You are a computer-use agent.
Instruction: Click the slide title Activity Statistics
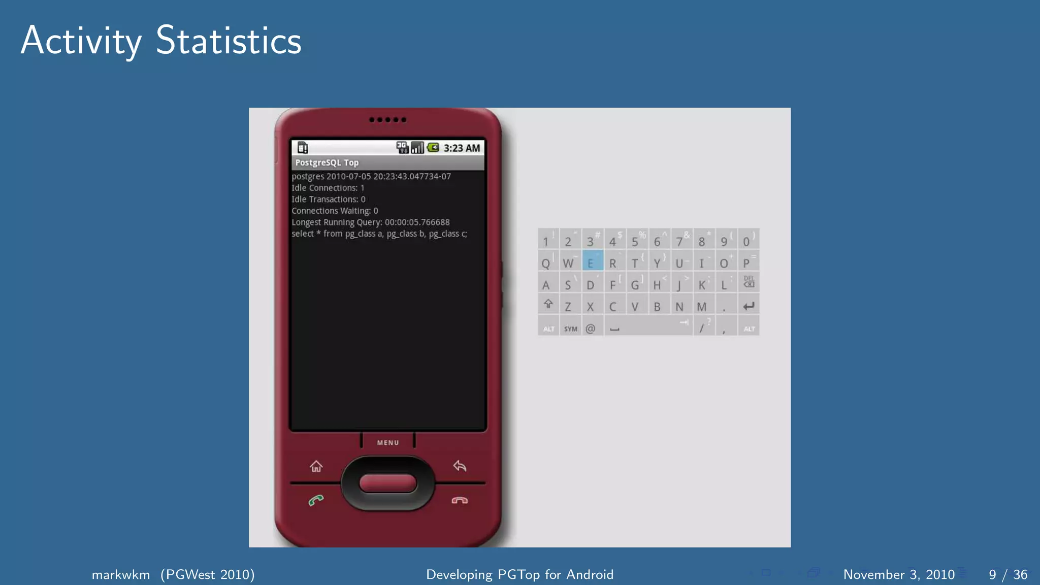[161, 41]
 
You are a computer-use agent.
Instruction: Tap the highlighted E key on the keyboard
[592, 262]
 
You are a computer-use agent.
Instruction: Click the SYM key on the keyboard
[570, 328]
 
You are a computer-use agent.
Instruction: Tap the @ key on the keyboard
[591, 328]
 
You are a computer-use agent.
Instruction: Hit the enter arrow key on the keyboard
[748, 306]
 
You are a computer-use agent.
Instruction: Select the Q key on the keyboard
[546, 263]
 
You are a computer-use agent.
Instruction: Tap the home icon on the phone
[316, 466]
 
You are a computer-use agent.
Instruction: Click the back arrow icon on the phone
[460, 466]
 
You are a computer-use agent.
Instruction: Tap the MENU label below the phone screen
[388, 443]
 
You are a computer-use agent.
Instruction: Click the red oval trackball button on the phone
[388, 483]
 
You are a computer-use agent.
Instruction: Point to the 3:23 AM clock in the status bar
[462, 148]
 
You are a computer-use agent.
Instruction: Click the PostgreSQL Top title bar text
[327, 162]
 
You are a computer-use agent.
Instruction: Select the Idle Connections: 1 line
[328, 188]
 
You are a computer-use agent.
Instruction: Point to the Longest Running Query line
[370, 222]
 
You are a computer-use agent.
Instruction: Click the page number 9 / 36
[1007, 574]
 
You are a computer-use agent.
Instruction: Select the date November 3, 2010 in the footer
[899, 574]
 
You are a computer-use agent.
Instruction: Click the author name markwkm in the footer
[121, 574]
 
